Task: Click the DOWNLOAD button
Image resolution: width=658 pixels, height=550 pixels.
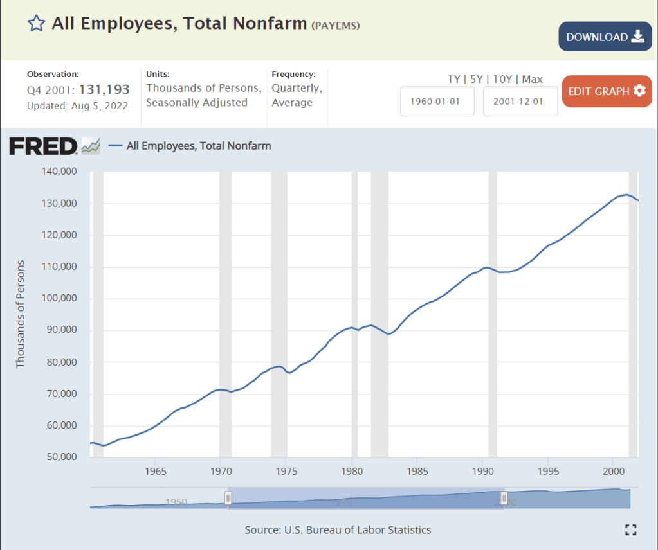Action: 605,37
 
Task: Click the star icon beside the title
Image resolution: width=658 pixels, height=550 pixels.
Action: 37,24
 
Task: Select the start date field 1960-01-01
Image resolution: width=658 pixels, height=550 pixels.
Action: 437,102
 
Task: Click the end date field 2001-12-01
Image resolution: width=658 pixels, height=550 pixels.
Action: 520,102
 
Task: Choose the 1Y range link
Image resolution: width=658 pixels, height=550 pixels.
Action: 454,80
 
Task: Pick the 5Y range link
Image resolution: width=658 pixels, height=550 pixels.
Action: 477,80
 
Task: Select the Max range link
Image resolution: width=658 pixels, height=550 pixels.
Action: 533,80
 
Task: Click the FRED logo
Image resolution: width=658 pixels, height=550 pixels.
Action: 44,146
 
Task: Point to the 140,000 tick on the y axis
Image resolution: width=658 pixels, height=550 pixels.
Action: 59,172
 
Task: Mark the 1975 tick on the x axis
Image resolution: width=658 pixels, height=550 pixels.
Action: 286,470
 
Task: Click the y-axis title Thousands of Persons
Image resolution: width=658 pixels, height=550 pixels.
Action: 20,314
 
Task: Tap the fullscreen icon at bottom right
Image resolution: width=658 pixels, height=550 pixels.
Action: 631,529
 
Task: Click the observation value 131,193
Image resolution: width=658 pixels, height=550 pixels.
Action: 104,89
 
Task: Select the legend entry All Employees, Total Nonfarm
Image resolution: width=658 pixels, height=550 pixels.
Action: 199,146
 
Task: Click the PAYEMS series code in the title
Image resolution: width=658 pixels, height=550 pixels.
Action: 336,26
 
